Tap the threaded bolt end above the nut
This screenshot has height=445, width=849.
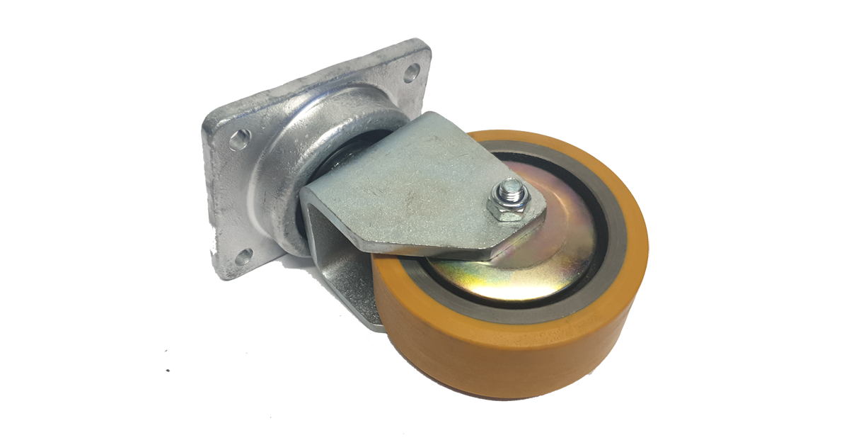click(511, 188)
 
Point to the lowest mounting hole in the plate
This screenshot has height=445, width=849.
click(244, 256)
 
